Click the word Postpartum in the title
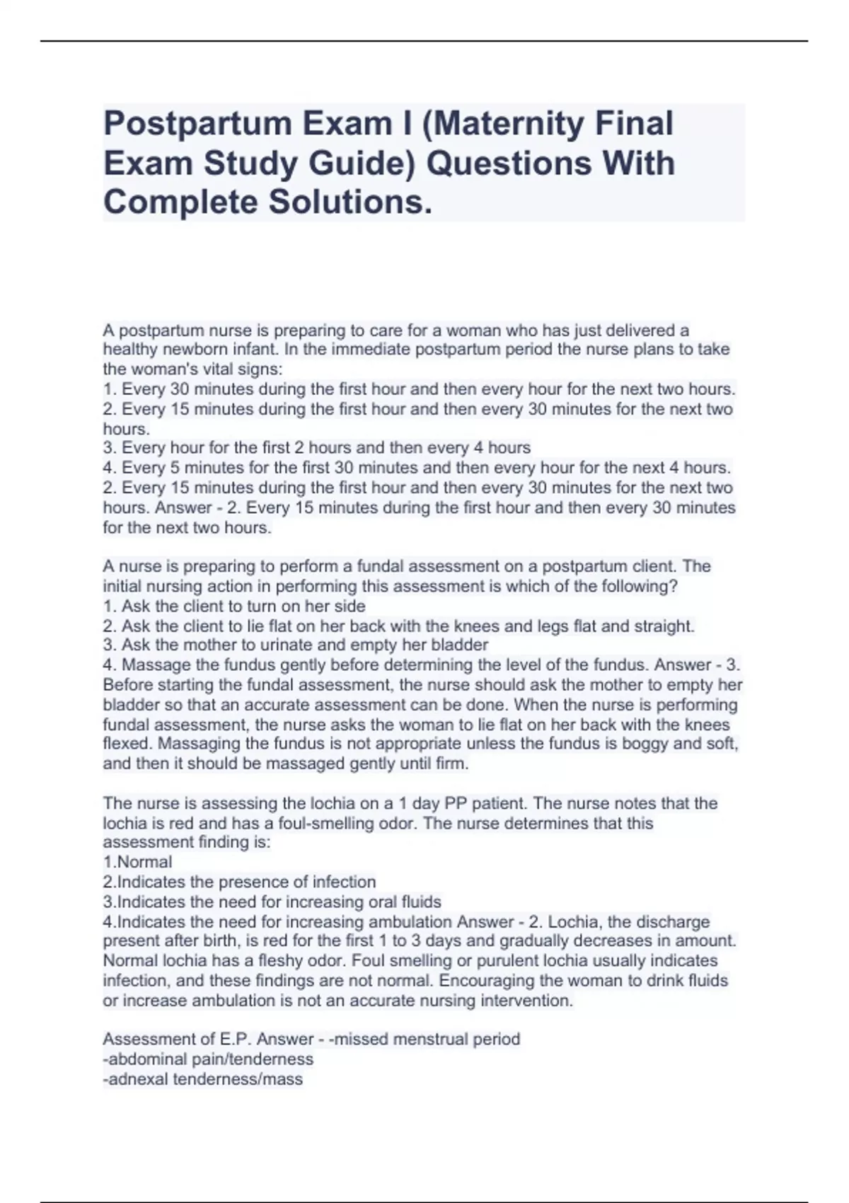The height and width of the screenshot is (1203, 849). pyautogui.click(x=197, y=124)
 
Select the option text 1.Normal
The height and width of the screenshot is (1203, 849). pyautogui.click(x=137, y=862)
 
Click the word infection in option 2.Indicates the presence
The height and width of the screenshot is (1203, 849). pyautogui.click(x=344, y=882)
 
